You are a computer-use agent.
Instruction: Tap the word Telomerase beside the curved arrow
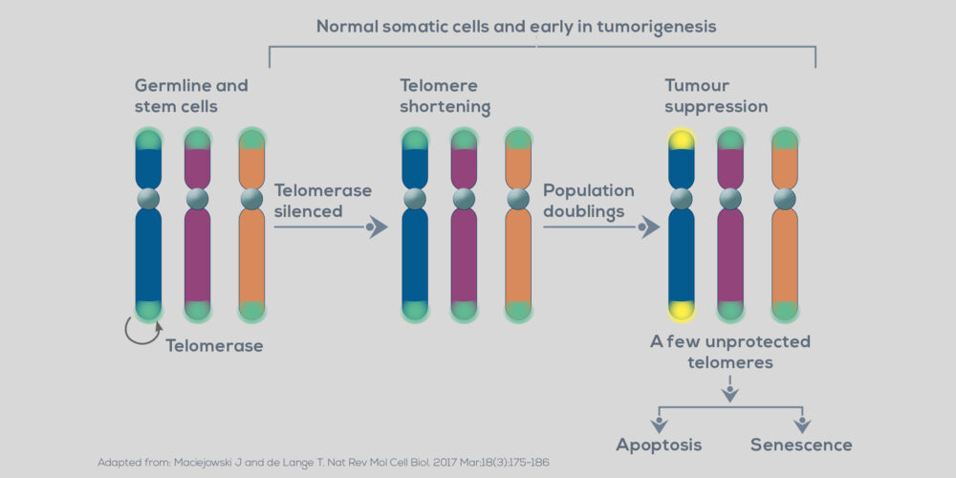tap(214, 346)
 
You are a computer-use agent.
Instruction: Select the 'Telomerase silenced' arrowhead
tap(378, 228)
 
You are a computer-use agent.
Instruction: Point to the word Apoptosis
tap(660, 445)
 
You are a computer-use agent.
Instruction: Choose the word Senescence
tap(801, 445)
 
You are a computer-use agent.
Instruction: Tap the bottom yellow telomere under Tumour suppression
tap(681, 309)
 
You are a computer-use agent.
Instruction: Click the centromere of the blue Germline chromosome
tap(148, 199)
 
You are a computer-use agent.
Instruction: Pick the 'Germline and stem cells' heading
tap(191, 96)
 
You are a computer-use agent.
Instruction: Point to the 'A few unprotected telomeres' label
tap(730, 352)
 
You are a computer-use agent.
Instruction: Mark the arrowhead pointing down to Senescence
tap(801, 424)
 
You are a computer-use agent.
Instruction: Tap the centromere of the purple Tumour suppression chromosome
tap(730, 199)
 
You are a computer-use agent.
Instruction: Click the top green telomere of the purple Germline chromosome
tap(197, 141)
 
